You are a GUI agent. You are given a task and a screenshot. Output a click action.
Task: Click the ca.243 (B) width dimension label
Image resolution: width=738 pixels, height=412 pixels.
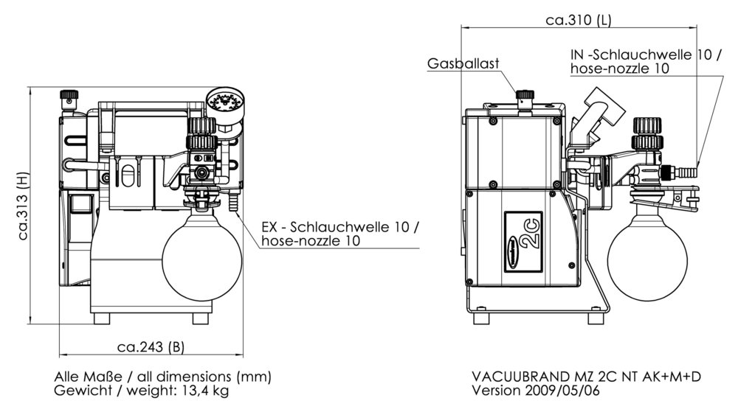[150, 346]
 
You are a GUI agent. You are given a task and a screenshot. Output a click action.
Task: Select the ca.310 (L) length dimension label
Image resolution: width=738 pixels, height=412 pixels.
[578, 21]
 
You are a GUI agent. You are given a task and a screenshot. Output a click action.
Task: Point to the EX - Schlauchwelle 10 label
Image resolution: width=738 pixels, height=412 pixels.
[340, 228]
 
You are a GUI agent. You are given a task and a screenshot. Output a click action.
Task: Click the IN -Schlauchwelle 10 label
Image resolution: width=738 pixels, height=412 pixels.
[646, 55]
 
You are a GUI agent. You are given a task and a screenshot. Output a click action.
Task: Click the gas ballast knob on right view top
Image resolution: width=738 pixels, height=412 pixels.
[525, 96]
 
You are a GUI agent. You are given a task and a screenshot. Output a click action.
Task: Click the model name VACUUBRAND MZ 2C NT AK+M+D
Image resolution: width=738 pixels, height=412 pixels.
[586, 376]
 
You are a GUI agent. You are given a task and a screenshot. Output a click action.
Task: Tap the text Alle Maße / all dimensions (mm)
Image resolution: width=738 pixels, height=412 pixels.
[163, 376]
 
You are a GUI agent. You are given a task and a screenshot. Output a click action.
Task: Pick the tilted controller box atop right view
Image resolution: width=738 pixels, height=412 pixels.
[604, 110]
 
